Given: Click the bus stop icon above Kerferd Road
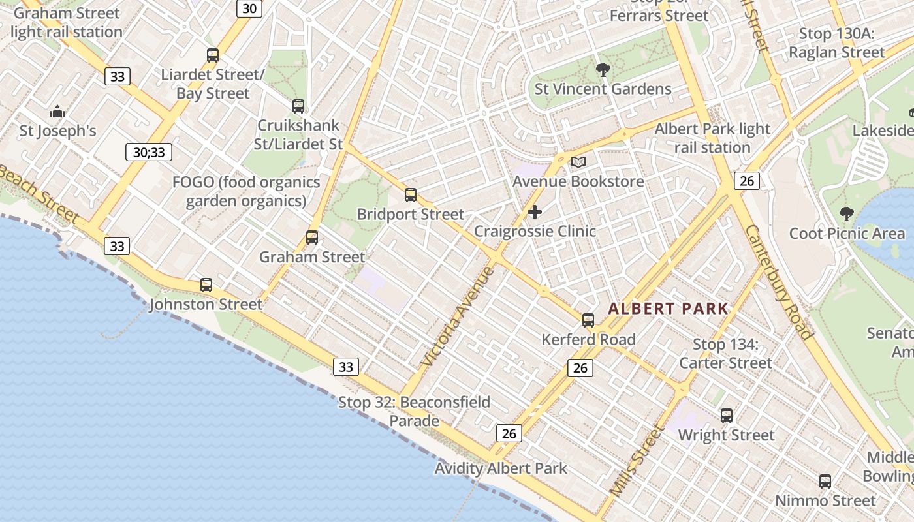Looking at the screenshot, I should [588, 320].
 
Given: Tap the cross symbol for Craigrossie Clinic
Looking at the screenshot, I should [535, 212].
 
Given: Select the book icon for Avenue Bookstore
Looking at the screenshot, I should [578, 162].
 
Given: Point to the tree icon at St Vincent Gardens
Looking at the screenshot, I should [603, 70].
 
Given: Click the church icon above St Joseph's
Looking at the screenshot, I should [57, 112].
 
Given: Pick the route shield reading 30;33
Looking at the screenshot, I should [149, 153].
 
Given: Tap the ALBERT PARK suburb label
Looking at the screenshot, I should [668, 309].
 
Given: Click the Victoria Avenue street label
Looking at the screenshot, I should [456, 316].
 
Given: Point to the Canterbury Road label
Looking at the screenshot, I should [778, 282].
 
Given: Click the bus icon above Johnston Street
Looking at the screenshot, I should [206, 285].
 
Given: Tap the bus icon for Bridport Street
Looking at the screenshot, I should [411, 195].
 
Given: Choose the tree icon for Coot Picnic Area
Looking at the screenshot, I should [847, 213].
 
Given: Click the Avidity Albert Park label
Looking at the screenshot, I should [501, 468].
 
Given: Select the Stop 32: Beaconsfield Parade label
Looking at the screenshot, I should [414, 411].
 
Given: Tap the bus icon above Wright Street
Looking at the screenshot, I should [727, 416].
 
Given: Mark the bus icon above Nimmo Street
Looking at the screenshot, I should [825, 482].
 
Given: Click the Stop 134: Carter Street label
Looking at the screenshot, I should [725, 354].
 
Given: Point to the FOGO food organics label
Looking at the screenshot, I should [246, 191].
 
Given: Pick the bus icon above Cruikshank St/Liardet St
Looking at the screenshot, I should [298, 106].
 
